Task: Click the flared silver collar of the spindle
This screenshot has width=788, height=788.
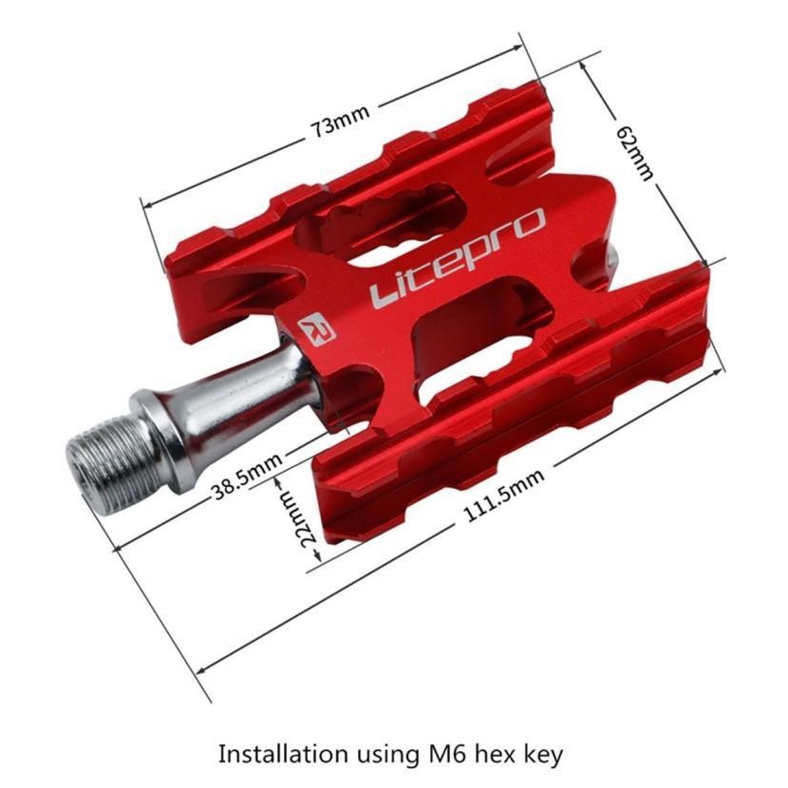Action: (166, 422)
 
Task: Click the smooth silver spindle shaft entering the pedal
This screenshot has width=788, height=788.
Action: (256, 380)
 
